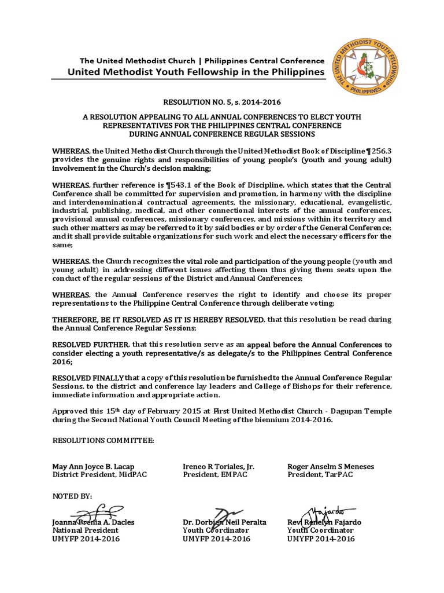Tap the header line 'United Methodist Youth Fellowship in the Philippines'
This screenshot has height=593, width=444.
pos(196,72)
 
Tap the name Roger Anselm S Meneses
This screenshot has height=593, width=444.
pos(330,466)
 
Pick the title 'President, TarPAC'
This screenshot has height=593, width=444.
pos(320,475)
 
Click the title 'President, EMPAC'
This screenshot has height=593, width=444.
pos(212,475)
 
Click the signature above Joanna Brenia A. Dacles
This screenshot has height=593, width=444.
pos(92,513)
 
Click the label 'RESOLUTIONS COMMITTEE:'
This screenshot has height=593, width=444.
pos(103,441)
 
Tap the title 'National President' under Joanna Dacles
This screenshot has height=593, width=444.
pos(86,530)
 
